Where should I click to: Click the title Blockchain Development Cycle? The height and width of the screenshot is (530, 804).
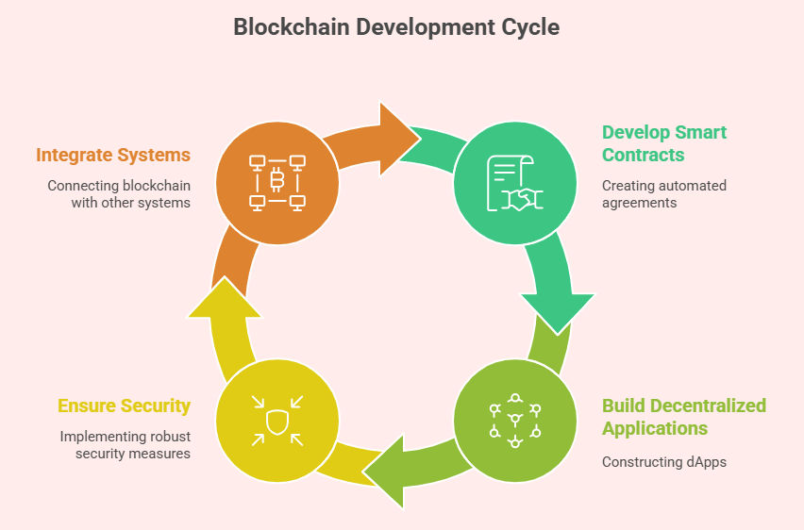pos(396,27)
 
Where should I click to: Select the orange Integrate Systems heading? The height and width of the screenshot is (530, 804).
pos(113,155)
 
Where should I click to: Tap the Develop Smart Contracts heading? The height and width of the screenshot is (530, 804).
pos(664,143)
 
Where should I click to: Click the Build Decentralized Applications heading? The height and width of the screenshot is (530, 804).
pos(683,417)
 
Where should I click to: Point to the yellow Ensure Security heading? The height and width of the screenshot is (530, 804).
pos(124,406)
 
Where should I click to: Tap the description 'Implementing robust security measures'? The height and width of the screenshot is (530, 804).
pos(125,445)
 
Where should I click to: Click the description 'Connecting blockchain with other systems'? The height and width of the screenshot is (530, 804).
pos(119,193)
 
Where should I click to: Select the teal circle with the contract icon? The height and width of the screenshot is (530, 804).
pos(514,180)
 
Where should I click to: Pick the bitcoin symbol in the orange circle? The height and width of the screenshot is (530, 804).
pos(277,179)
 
